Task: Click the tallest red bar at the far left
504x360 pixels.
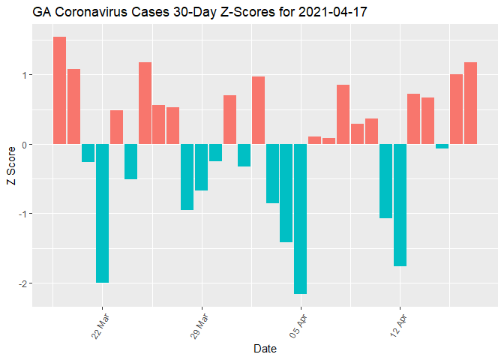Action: (x=60, y=90)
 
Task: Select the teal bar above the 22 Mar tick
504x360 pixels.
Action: (x=102, y=213)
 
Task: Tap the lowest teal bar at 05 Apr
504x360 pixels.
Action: (x=301, y=218)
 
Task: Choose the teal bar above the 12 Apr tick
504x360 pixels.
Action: (x=400, y=205)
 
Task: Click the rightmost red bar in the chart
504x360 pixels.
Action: (x=471, y=103)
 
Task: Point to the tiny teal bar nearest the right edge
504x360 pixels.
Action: (x=442, y=146)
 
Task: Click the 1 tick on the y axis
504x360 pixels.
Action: (x=25, y=75)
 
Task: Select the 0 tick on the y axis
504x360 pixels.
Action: (x=25, y=144)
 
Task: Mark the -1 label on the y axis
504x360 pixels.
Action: (x=23, y=214)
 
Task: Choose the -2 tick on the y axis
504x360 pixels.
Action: (x=23, y=283)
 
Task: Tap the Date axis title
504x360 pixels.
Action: (x=265, y=349)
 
